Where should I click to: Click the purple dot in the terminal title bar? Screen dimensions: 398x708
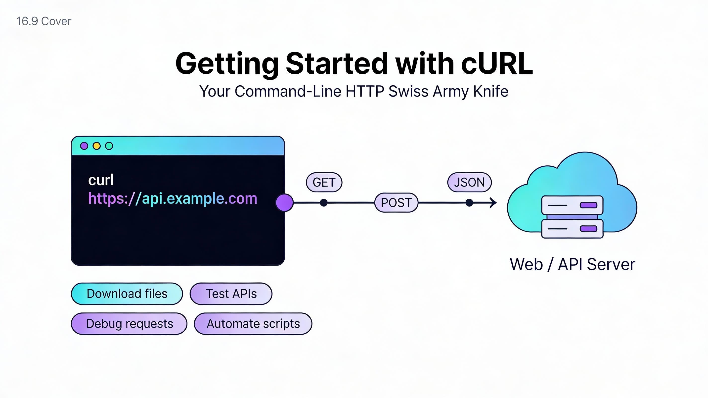point(84,146)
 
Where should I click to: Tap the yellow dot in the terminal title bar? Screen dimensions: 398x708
point(96,146)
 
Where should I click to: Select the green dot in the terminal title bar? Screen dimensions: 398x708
point(109,146)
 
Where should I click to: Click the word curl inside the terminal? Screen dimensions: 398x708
point(101,180)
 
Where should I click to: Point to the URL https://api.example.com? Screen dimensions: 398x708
point(173,198)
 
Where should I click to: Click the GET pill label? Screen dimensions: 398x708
point(324,182)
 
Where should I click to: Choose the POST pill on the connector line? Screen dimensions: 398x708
point(396,203)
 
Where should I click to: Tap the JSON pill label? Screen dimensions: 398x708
point(469,182)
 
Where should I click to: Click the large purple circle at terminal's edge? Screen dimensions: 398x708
point(284,203)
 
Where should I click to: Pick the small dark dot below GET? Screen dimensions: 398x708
point(324,203)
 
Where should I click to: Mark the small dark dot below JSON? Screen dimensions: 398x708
point(469,203)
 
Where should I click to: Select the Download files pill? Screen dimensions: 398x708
point(127,294)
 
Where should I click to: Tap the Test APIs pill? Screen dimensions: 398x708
point(231,294)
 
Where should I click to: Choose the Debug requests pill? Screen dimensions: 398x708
point(129,324)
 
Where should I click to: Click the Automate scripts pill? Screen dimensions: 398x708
point(253,324)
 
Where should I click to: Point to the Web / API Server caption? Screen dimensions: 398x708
point(573,264)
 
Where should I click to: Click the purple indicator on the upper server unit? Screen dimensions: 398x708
point(588,205)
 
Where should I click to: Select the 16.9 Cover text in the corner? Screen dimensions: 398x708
point(44,21)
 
